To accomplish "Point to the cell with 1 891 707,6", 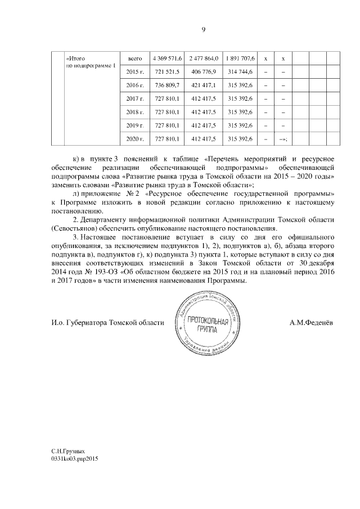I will pos(240,58).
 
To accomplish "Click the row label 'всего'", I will pos(135,58).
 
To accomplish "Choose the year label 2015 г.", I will pos(135,71).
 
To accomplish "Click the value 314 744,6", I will pos(240,71).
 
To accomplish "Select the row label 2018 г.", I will pos(135,112).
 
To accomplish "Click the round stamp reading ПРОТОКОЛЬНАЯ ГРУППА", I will pos(208,323).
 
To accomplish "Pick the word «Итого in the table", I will pos(75,58).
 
